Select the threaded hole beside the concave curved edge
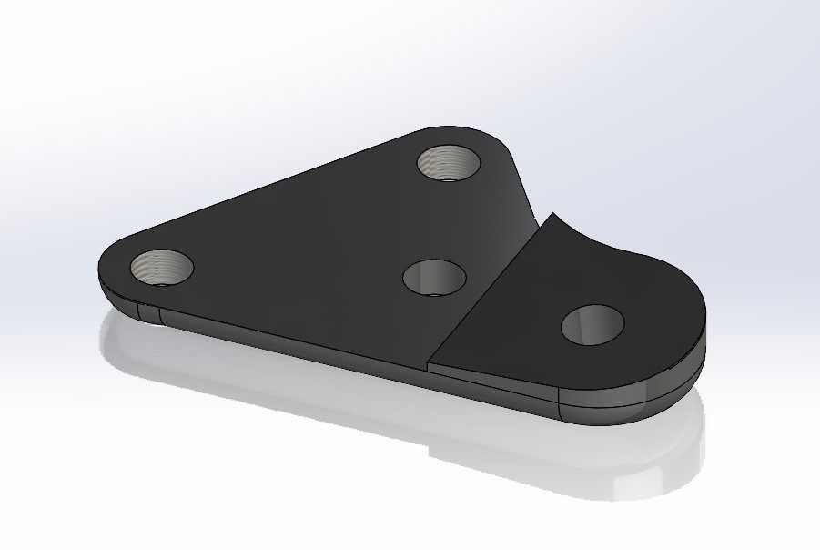click(x=449, y=163)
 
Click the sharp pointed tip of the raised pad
click(x=552, y=217)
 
